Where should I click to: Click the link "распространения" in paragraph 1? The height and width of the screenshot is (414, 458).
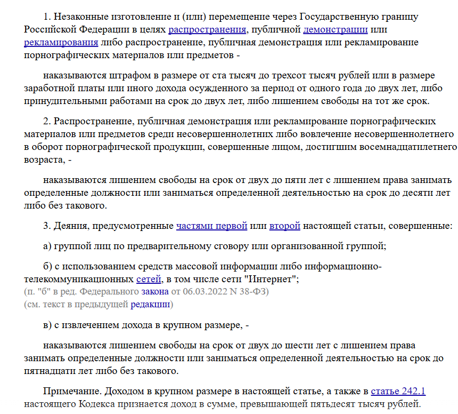click(x=207, y=29)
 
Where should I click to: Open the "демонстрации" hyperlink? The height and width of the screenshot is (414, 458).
click(x=336, y=29)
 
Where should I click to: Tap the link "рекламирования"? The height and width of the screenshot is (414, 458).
click(x=61, y=42)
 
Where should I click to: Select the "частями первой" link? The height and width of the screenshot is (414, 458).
click(x=211, y=226)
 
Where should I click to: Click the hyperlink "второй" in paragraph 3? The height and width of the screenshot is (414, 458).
click(x=285, y=226)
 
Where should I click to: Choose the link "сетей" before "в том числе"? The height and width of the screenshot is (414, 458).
click(x=149, y=279)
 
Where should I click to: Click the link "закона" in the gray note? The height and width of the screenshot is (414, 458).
click(x=154, y=292)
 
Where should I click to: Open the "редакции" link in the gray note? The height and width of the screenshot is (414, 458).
click(x=151, y=305)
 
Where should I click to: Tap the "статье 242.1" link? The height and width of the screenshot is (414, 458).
click(x=398, y=392)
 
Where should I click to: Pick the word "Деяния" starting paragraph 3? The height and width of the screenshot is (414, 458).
click(x=72, y=226)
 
